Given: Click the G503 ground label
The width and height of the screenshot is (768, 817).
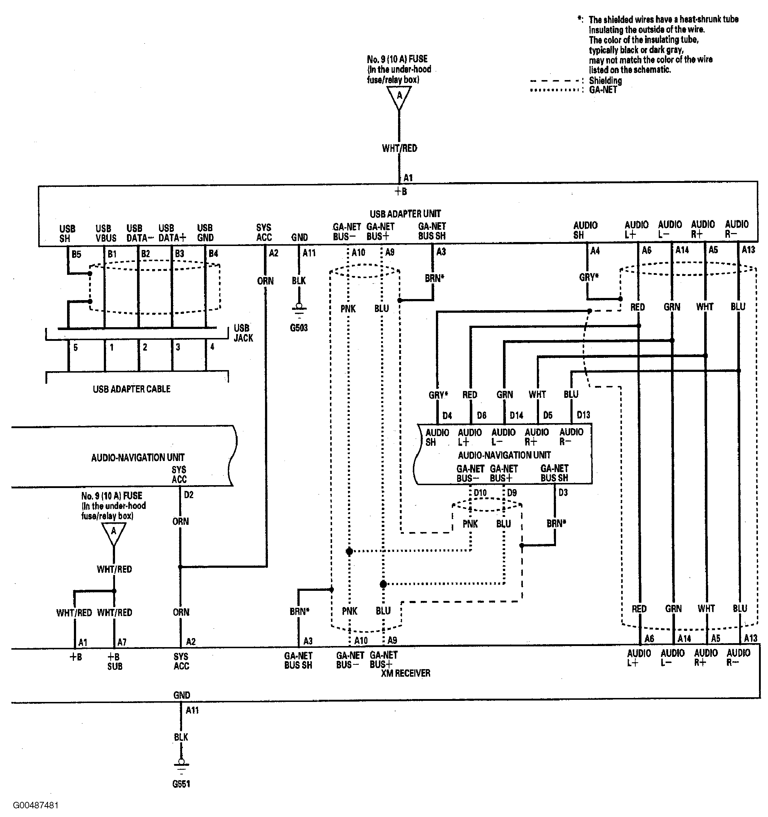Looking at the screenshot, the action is tap(299, 328).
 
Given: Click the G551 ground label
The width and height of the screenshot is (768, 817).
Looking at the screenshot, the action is tap(181, 784).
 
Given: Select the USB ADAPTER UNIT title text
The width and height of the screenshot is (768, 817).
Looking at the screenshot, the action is tap(405, 214).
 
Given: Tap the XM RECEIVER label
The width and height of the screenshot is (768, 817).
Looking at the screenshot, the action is tap(406, 673).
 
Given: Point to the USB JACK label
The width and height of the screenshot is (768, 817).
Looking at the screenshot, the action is tap(243, 333).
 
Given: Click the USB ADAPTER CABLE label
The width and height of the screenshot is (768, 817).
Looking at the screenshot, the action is tap(131, 389).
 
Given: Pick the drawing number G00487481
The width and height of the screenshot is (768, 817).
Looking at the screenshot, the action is tap(36, 805).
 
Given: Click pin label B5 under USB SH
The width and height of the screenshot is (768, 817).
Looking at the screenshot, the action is tap(76, 254).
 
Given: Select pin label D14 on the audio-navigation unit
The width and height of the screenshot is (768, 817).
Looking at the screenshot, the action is tap(517, 416).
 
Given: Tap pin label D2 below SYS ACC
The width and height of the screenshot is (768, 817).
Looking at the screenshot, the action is tap(189, 495).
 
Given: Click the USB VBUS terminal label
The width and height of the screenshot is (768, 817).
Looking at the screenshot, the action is tap(106, 233).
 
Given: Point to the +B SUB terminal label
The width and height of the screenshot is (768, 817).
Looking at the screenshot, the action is tap(115, 661).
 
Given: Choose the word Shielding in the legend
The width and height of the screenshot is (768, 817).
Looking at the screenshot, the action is tap(605, 80).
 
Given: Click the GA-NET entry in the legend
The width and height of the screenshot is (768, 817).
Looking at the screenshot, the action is tap(603, 89).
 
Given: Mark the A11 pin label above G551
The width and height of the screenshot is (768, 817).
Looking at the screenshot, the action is tap(192, 710).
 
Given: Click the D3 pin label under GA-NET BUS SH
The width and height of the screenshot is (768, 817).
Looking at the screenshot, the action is tap(563, 492).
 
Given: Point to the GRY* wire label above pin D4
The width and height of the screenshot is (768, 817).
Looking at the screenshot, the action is tap(438, 395).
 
